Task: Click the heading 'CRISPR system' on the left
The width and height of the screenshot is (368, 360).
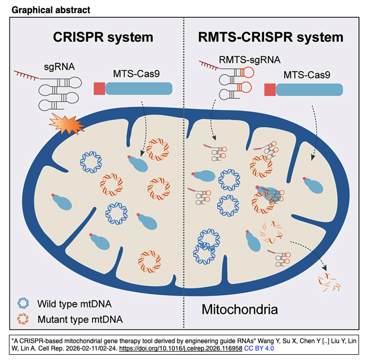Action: [103, 37]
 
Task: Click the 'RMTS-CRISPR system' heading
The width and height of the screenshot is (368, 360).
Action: [271, 37]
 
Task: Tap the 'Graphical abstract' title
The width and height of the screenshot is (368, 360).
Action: [44, 9]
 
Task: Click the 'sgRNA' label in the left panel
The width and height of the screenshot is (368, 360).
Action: [58, 67]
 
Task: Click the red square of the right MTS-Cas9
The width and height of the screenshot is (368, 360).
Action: [270, 89]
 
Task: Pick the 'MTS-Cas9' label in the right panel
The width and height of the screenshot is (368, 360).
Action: [307, 75]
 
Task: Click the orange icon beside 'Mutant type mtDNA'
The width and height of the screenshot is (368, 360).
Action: [24, 319]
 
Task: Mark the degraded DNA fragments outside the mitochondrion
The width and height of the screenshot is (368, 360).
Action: [329, 282]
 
